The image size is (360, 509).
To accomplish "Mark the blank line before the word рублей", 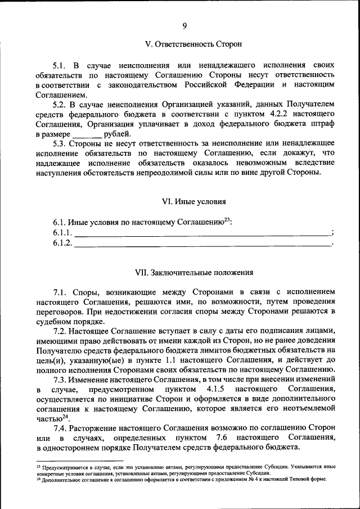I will pyautogui.click(x=87, y=134).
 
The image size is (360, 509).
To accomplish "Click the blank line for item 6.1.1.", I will pyautogui.click(x=202, y=233).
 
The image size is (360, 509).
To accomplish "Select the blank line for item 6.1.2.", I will pyautogui.click(x=202, y=244).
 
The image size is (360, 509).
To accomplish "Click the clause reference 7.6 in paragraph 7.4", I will pyautogui.click(x=222, y=438).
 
